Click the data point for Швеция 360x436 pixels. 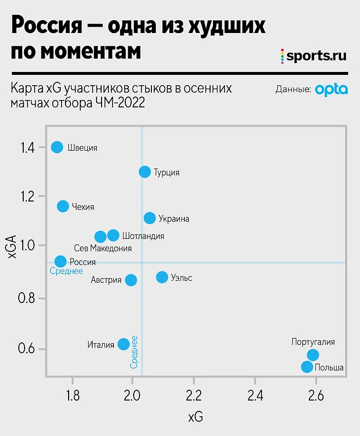57,147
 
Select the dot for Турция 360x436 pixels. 144,172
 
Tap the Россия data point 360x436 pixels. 61,262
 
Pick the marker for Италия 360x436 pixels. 124,344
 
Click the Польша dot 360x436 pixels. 307,367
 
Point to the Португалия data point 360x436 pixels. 313,355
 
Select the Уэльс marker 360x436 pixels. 162,277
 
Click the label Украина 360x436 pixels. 174,219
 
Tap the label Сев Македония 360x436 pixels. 103,248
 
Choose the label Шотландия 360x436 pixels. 143,236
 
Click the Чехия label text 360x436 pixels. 83,207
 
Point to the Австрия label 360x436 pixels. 106,280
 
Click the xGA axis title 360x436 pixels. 14,246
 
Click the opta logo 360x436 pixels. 331,90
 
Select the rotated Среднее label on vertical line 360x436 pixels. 134,352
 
